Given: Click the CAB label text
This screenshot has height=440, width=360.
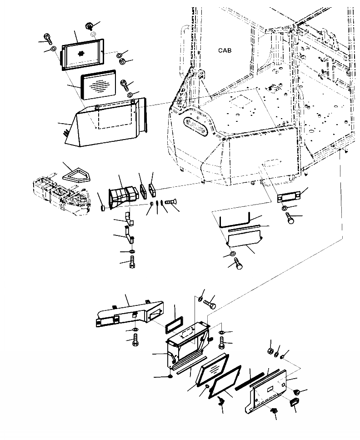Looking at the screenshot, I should pyautogui.click(x=225, y=50).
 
